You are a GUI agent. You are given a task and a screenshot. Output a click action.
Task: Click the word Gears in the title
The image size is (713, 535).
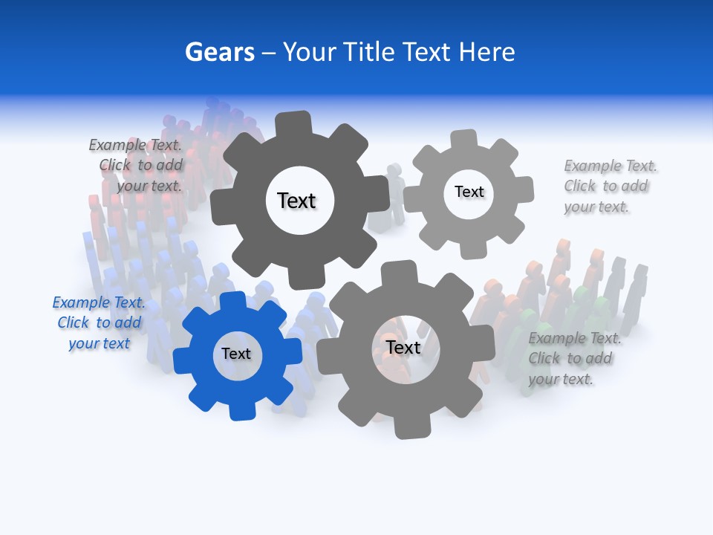219,52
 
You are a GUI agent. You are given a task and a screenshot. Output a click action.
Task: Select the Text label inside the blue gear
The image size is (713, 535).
236,354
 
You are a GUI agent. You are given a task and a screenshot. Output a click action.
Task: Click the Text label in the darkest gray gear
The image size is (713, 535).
296,201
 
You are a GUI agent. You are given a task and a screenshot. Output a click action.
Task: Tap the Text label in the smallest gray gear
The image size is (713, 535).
469,192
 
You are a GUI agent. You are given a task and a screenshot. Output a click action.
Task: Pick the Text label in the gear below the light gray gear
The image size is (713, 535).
403,347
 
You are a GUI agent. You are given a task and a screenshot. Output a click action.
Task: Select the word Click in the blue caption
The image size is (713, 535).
73,322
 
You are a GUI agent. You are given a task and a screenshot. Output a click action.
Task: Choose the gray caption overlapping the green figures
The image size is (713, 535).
572,358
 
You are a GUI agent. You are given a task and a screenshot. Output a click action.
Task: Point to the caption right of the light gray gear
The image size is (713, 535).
608,186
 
